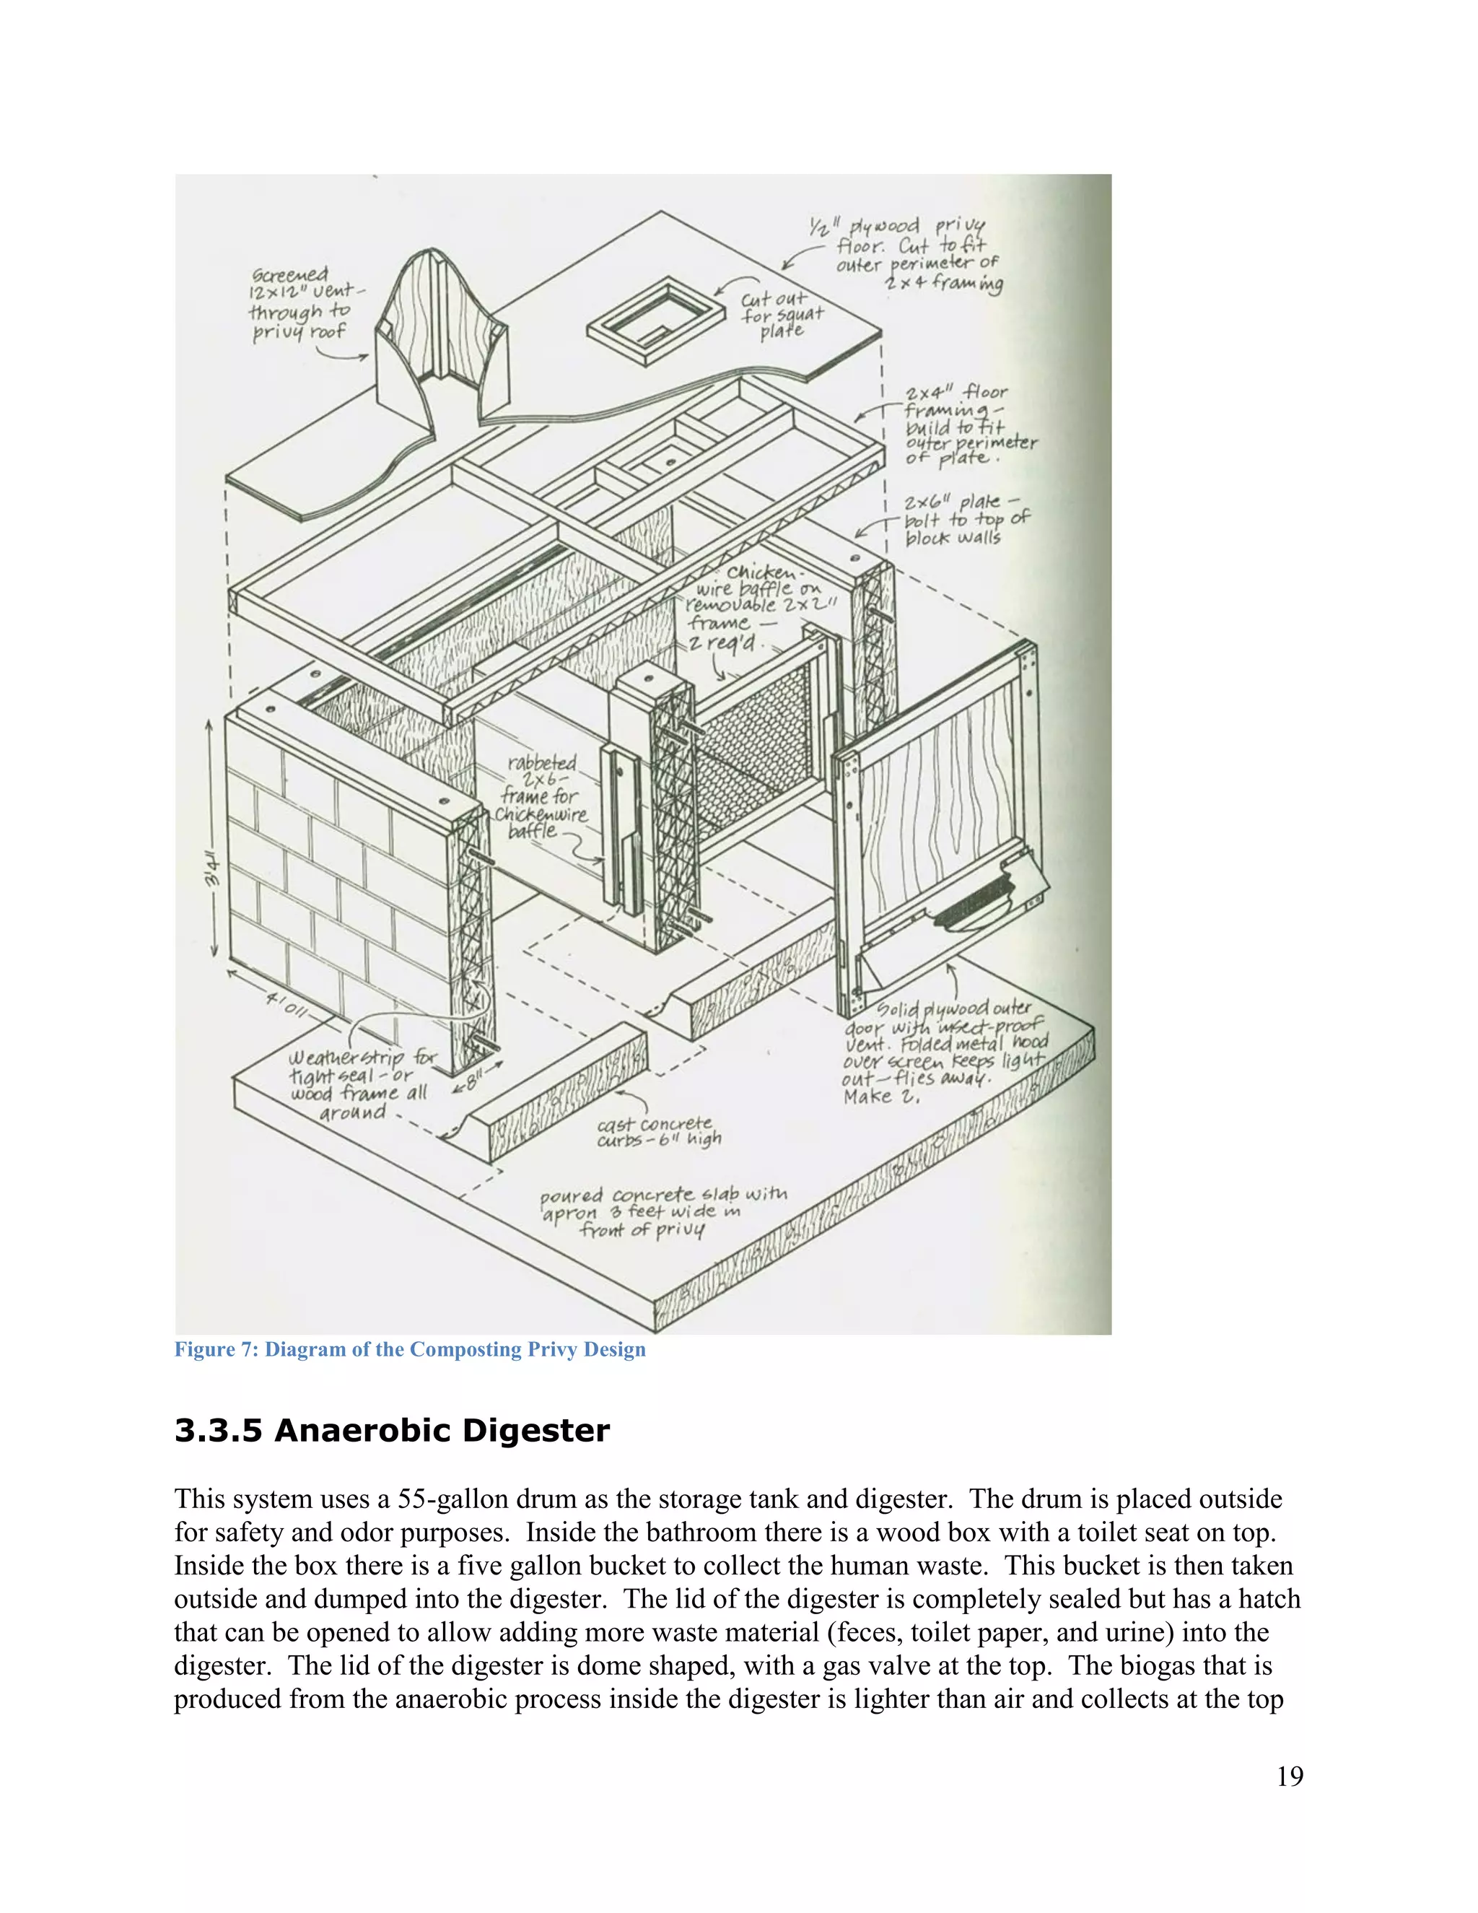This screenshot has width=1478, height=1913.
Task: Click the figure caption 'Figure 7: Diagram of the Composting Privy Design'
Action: click(410, 1349)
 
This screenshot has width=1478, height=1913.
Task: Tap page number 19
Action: click(1290, 1777)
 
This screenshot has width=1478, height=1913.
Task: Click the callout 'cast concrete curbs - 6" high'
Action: click(658, 1132)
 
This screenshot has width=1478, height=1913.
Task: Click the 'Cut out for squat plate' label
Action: click(780, 313)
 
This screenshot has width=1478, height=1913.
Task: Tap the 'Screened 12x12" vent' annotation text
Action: click(299, 303)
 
